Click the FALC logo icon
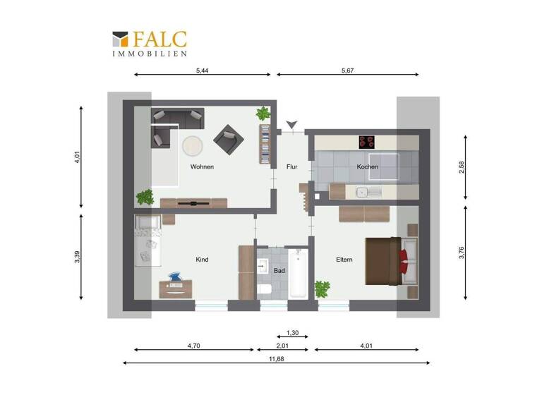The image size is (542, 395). [119, 39]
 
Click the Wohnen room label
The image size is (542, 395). [202, 167]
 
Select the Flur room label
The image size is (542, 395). [292, 167]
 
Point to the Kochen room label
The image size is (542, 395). [367, 167]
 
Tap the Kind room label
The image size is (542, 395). [202, 260]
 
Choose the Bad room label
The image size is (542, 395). [279, 270]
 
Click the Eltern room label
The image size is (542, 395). [344, 260]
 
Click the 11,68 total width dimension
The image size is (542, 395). [275, 358]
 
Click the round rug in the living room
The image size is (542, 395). [193, 145]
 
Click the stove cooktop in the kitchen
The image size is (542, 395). [368, 142]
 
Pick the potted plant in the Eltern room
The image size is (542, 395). [323, 288]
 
